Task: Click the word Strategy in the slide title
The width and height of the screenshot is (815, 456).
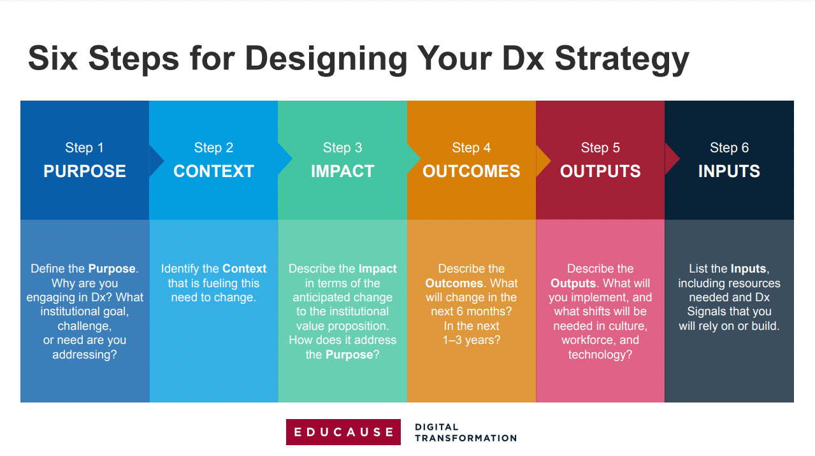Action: [x=621, y=59]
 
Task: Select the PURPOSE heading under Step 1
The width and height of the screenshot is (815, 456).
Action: [x=85, y=171]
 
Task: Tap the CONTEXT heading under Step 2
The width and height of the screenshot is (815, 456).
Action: [x=213, y=171]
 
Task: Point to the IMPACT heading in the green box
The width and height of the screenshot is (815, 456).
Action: [x=342, y=171]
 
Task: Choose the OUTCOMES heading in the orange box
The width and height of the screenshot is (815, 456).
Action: [x=471, y=171]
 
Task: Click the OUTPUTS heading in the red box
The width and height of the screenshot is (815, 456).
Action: [x=600, y=171]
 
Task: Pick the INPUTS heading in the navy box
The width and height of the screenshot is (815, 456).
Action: [x=729, y=171]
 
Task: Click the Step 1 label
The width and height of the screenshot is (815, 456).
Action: [x=84, y=148]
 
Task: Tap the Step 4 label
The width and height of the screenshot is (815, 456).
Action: [x=471, y=148]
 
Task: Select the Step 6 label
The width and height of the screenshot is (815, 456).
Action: [x=729, y=148]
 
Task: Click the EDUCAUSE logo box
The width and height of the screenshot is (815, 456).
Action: [x=343, y=432]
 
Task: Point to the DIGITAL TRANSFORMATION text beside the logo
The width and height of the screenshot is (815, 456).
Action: [x=465, y=432]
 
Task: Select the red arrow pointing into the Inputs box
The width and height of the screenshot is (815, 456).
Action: [x=672, y=160]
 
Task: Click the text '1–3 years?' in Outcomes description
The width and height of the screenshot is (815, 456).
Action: [x=472, y=340]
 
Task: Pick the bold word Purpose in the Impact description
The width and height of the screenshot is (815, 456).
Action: [x=349, y=355]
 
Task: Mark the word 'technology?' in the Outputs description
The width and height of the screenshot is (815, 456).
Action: [x=600, y=355]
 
